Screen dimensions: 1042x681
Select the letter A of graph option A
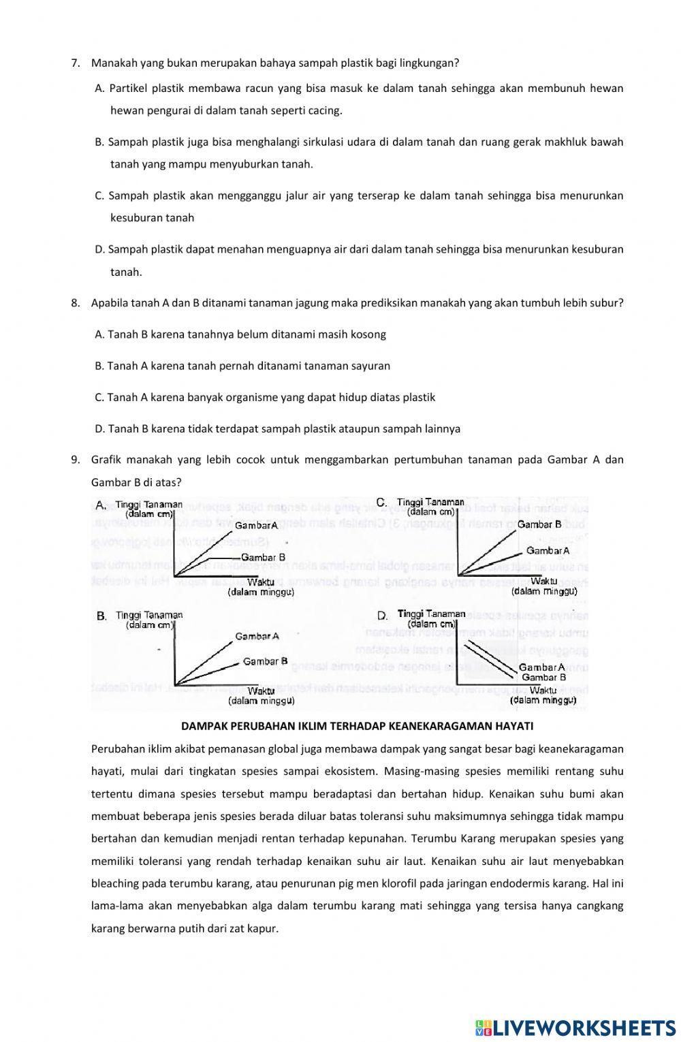(100, 505)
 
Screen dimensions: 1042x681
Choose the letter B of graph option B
(101, 616)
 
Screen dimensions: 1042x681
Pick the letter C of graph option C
(381, 503)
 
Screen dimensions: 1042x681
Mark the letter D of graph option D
(382, 616)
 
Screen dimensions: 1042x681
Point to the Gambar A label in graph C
(548, 550)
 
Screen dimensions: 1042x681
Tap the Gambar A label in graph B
(257, 636)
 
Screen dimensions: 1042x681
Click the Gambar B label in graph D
(543, 678)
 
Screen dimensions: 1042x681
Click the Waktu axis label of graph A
(261, 582)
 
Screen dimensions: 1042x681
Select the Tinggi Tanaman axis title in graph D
(431, 614)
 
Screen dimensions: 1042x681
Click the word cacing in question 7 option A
(325, 110)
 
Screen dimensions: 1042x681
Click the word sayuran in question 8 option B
(371, 366)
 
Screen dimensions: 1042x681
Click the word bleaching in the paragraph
(113, 883)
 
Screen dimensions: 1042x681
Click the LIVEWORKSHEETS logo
(576, 1027)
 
